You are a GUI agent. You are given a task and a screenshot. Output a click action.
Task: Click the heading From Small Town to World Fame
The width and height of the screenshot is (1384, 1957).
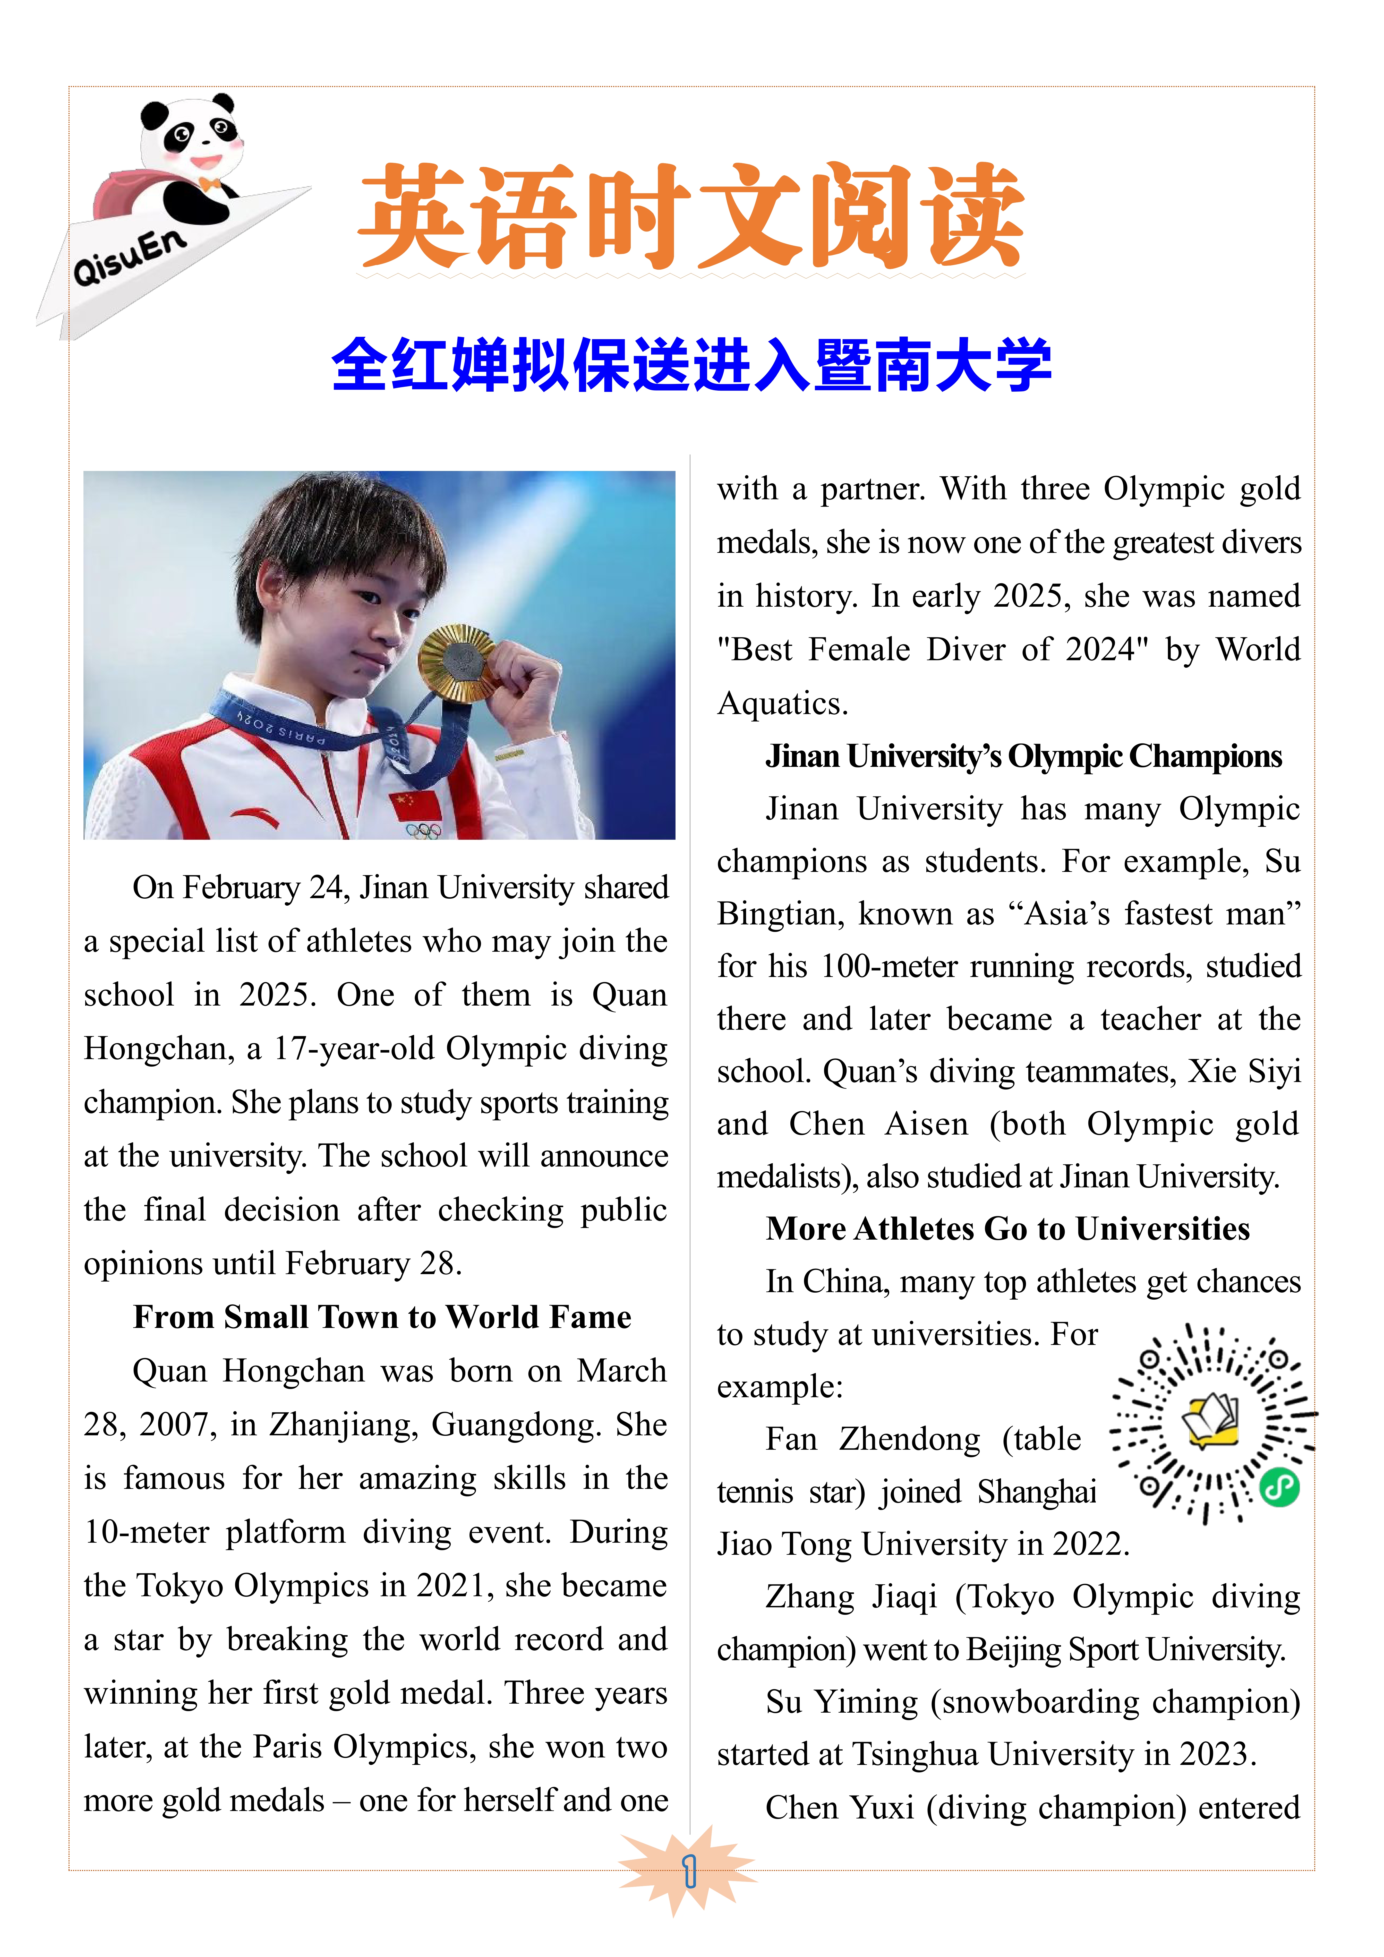382,1317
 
